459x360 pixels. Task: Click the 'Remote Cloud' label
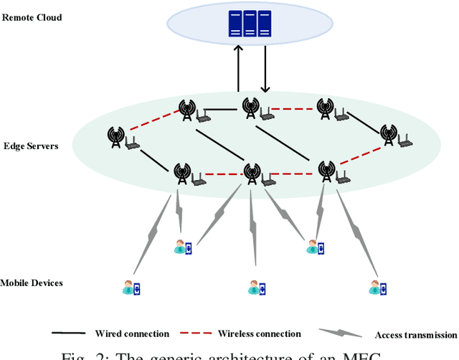click(x=32, y=16)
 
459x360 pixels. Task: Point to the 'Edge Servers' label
click(x=29, y=146)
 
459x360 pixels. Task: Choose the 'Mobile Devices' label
click(x=32, y=283)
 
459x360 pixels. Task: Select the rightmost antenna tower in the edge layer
click(x=388, y=134)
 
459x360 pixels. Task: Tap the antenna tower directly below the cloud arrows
click(x=250, y=108)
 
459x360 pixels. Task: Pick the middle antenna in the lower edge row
click(x=251, y=173)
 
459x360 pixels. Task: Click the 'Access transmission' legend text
click(x=415, y=335)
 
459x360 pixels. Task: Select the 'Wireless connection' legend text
click(x=259, y=333)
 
